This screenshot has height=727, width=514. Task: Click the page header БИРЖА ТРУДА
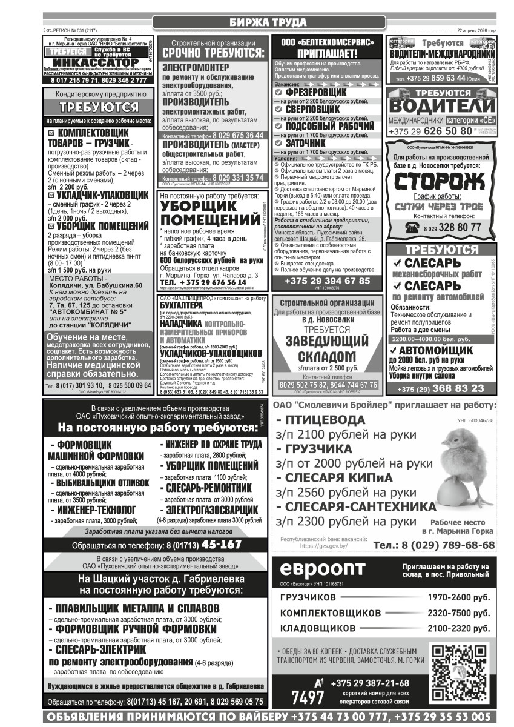point(268,23)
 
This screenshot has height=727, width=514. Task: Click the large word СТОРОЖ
point(439,182)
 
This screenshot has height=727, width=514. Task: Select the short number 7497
point(307,698)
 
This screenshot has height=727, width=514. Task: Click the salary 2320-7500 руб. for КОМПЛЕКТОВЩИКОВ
point(458,613)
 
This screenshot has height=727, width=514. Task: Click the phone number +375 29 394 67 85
point(328,281)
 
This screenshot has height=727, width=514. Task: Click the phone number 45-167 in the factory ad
point(222,544)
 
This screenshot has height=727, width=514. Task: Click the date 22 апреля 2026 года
point(476,30)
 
